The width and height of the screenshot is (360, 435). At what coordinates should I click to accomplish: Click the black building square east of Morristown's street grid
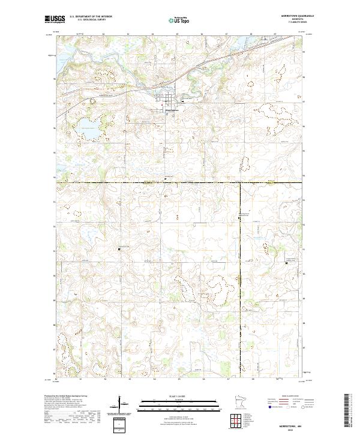181,101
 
